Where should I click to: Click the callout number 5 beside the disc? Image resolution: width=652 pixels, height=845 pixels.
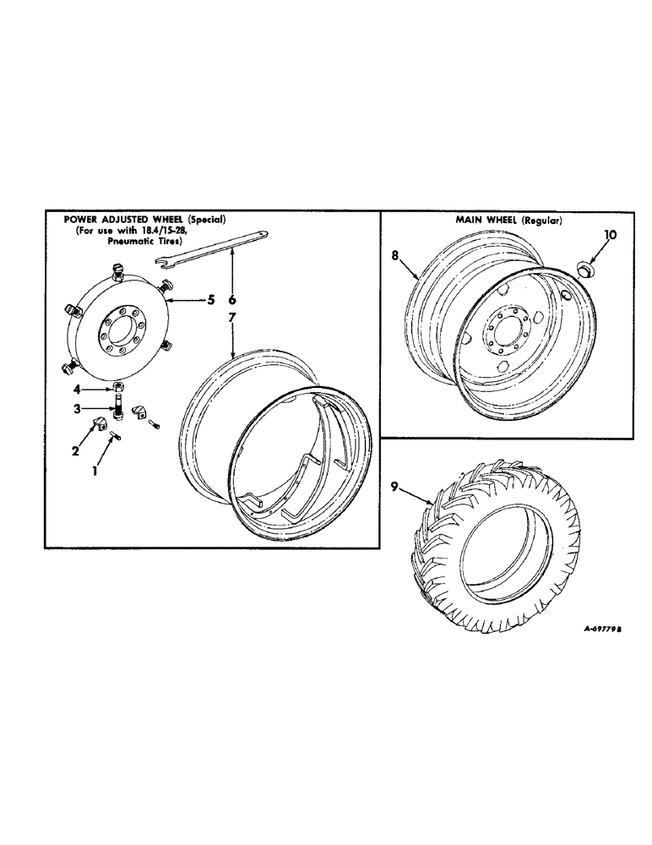213,298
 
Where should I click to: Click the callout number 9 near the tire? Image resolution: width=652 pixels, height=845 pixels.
394,486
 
